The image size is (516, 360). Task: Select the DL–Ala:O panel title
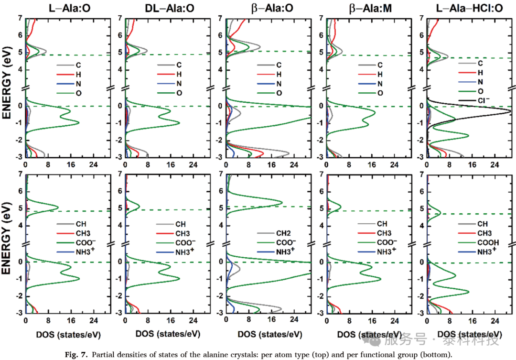tap(169, 8)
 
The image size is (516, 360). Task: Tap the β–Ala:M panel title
tap(370, 8)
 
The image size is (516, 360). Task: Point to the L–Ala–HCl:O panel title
tap(470, 8)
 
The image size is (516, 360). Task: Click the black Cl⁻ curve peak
tap(511, 111)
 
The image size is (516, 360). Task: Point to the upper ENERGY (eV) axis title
tap(7, 82)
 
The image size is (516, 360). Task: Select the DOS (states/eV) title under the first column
tap(68, 335)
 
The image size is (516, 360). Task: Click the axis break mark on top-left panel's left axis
tap(25, 88)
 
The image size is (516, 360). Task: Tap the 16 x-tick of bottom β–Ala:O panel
tap(271, 319)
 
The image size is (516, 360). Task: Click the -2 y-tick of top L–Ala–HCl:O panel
tap(421, 140)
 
